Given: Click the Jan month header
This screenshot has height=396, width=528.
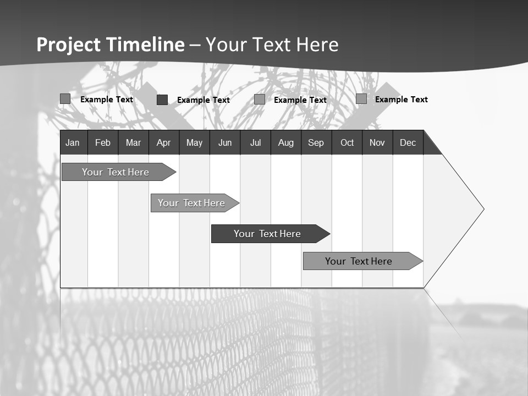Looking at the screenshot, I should click(73, 142).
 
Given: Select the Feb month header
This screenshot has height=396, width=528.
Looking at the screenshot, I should click(103, 142).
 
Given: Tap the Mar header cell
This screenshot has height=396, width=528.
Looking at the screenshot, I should click(133, 142).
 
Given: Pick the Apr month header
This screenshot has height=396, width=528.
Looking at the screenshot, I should click(164, 142).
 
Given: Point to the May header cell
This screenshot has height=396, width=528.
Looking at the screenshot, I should click(194, 142).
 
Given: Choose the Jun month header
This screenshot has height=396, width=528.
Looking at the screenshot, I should click(225, 142).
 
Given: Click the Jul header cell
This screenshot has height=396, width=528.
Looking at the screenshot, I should click(255, 142).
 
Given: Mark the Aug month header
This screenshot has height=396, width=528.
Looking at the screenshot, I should click(286, 142).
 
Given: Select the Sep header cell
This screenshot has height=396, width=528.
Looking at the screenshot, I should click(316, 142).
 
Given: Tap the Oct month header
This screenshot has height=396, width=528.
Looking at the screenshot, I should click(347, 142).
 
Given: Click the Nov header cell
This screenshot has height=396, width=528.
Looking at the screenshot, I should click(377, 142).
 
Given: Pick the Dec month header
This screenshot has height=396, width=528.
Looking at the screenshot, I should click(408, 142).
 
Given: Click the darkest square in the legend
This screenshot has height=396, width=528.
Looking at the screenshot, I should click(162, 100).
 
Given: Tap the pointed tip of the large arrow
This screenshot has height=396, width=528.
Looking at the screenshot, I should click(482, 209).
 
